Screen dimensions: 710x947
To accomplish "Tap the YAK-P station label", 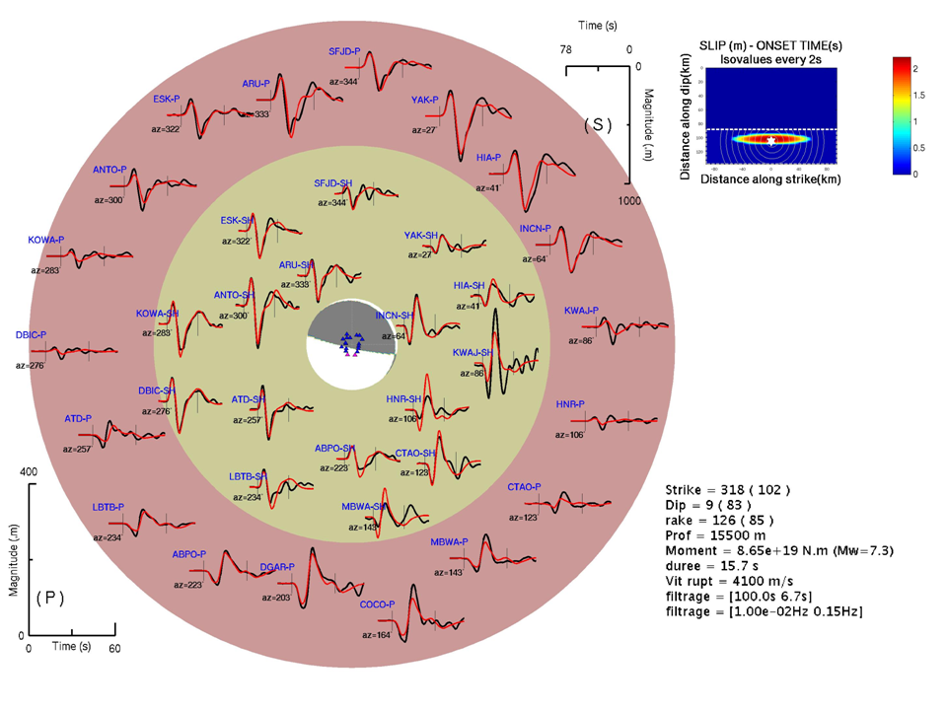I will point(425,100).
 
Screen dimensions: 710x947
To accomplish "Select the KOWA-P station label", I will point(46,240).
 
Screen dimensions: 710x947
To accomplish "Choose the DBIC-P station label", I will point(31,335).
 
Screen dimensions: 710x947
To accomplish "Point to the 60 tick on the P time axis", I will point(114,648).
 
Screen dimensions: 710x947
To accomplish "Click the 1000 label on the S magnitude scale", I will point(629,201).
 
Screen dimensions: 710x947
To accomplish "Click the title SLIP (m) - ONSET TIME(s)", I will point(768,46).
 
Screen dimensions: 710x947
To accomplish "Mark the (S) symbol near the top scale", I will point(598,124).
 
